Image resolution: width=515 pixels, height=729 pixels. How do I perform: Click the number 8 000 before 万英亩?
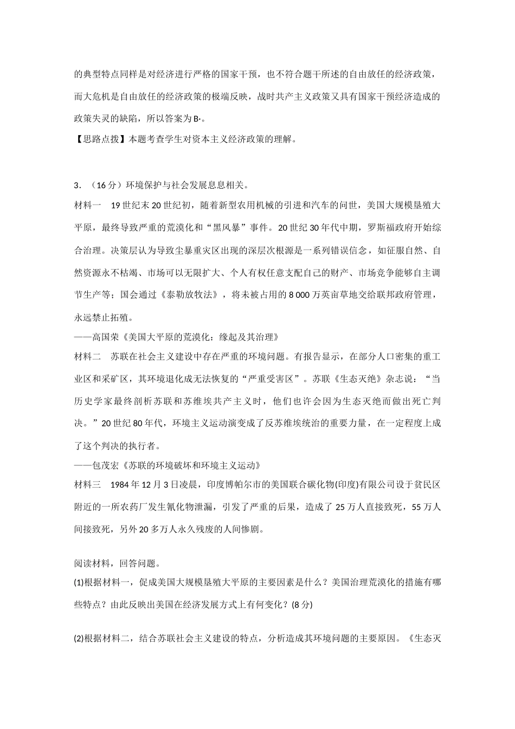[301, 295]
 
